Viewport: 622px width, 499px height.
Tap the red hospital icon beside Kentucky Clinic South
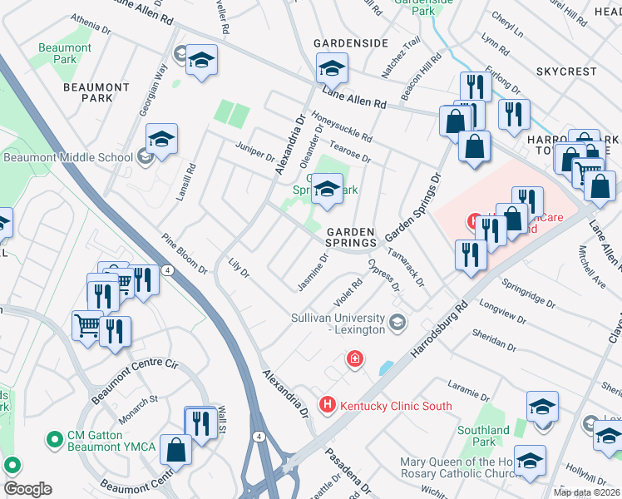pos(327,405)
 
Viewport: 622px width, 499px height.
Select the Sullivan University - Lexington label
pos(338,324)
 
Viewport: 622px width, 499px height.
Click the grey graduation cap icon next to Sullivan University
pos(398,321)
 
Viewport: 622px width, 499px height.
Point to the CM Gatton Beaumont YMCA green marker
pos(55,438)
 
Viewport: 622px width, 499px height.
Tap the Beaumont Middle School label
pos(68,156)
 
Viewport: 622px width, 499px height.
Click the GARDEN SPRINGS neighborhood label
pos(350,237)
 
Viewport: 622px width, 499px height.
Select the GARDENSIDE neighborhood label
pos(350,42)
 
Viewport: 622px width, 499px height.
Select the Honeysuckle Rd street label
pos(342,126)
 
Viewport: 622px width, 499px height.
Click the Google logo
pos(27,489)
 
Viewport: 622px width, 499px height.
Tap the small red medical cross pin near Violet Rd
pos(355,359)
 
